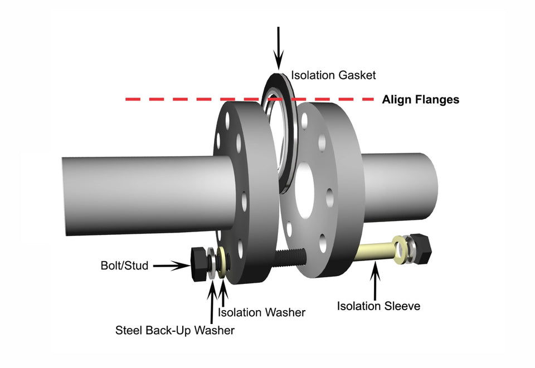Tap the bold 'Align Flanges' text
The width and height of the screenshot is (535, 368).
(x=421, y=100)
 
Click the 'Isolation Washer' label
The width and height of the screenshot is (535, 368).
(x=262, y=312)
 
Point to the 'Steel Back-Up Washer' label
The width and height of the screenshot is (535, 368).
(x=175, y=330)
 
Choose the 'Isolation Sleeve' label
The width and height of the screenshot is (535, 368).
(x=378, y=306)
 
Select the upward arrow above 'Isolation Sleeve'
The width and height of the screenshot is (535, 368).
(x=375, y=278)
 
